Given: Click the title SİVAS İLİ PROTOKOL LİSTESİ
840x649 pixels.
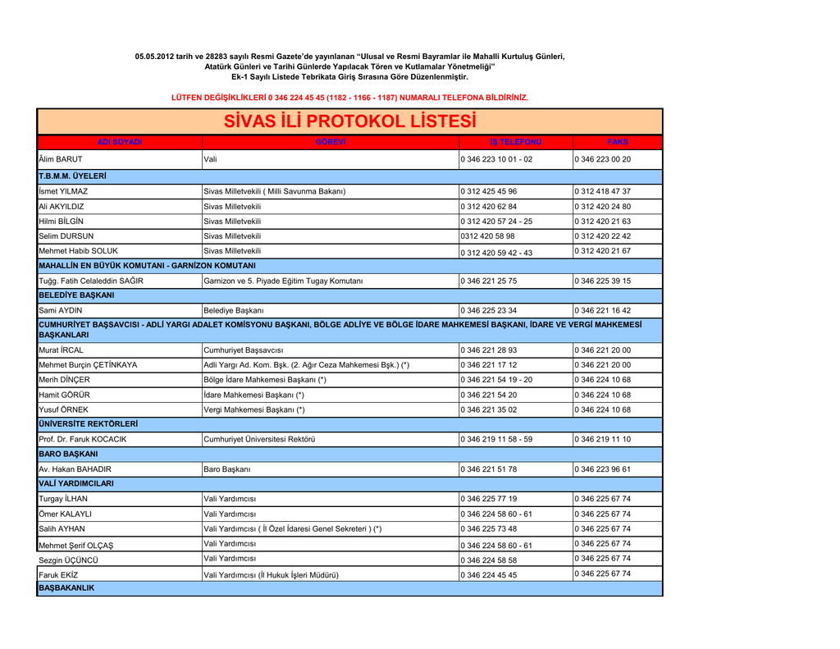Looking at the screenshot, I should [x=349, y=121].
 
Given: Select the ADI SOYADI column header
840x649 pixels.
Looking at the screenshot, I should [x=120, y=143].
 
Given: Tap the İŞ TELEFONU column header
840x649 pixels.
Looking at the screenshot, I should [x=516, y=143].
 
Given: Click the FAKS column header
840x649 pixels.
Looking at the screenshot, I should [x=618, y=143].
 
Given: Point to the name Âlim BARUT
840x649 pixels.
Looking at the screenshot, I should [x=61, y=159].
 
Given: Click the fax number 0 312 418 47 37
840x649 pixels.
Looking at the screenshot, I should [x=603, y=191].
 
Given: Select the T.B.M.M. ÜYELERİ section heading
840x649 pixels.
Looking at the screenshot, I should [x=73, y=176].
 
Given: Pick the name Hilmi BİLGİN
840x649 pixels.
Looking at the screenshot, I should [x=62, y=222].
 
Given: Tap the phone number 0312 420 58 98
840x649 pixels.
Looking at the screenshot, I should [x=488, y=236].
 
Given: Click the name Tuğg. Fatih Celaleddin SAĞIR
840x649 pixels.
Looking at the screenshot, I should [x=91, y=281].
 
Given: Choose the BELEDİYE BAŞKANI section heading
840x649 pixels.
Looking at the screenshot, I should [x=76, y=295].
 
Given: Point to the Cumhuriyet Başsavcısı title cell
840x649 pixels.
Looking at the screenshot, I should [x=243, y=350].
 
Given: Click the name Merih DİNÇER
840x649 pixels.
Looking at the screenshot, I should [x=65, y=380].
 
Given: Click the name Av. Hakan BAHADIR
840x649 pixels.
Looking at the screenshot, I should [x=75, y=469].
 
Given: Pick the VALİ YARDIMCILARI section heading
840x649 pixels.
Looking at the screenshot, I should [x=76, y=484].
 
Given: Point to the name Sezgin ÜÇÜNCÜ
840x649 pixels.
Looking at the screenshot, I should [x=68, y=560].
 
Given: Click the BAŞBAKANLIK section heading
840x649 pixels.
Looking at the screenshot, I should [x=67, y=589].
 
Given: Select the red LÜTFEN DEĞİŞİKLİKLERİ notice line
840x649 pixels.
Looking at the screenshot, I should [x=349, y=98].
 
